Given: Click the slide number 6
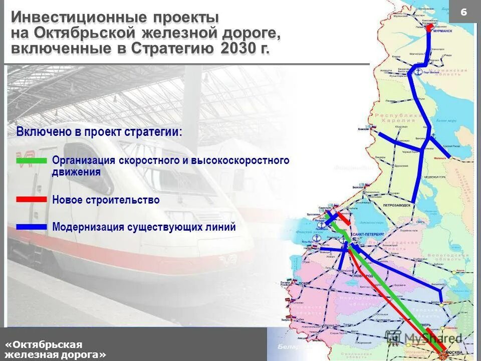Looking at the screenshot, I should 463,12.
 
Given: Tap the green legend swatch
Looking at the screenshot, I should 31,161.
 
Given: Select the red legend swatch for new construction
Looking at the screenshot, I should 31,200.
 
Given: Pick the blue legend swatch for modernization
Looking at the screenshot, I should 31,227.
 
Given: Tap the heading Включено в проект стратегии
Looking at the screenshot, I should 99,132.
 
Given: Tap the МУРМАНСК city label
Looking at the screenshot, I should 442,30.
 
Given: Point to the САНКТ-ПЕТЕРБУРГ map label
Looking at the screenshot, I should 368,234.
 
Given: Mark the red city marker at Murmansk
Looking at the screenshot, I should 429,27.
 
